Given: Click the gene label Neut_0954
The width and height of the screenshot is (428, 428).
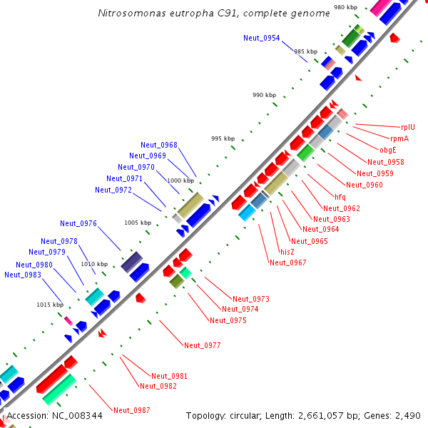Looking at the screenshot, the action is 261,38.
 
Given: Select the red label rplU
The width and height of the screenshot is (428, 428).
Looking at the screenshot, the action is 407,127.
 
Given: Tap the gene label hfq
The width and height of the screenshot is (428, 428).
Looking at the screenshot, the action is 340,197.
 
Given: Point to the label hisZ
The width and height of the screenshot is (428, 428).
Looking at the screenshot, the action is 287,252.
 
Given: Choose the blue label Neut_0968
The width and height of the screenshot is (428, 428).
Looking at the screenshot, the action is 159,145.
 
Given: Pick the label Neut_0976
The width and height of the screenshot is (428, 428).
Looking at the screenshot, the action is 78,223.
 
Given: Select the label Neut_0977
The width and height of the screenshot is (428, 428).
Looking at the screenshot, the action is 203,345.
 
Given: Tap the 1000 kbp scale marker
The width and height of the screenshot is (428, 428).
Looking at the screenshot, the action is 180,180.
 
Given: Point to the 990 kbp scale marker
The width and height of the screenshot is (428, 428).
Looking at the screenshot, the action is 264,95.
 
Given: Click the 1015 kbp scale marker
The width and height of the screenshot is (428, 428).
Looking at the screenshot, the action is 50,305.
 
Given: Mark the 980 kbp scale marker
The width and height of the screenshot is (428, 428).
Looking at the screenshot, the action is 345,7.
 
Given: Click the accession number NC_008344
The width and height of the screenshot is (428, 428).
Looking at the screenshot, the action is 75,415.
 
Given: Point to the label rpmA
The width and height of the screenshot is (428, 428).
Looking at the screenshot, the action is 399,138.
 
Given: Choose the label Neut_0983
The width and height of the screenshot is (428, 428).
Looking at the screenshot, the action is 23,275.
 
